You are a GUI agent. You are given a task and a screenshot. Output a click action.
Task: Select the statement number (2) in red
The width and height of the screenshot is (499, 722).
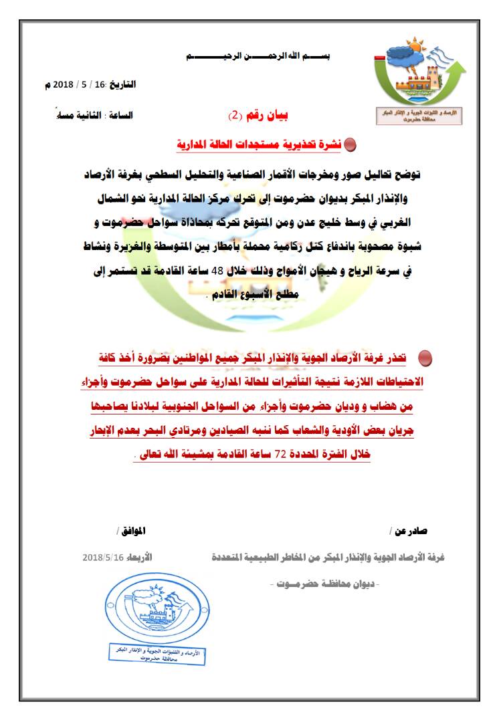[235, 115]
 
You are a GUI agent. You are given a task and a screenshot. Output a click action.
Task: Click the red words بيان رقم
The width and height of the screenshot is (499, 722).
[266, 115]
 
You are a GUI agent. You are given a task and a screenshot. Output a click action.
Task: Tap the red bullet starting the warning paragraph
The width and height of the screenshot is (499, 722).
[425, 360]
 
